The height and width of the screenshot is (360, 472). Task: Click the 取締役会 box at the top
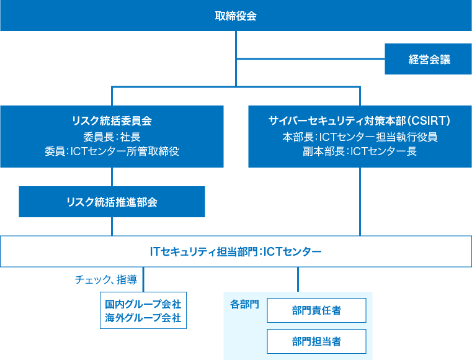(x=236, y=16)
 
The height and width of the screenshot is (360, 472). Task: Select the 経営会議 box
(x=429, y=60)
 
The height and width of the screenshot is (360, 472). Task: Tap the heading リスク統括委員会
(x=112, y=120)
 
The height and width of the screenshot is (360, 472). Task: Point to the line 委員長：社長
(x=112, y=137)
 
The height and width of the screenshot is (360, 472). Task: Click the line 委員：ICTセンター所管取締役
(x=112, y=151)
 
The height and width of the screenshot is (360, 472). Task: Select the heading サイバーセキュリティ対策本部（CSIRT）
(x=360, y=120)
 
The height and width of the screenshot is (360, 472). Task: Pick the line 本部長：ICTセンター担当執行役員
(x=360, y=137)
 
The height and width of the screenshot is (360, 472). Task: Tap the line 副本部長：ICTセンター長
(x=360, y=151)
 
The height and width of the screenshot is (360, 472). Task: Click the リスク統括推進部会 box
(x=112, y=202)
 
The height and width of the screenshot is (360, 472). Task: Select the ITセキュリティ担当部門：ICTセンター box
(x=236, y=251)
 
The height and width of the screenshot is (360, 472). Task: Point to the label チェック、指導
(x=105, y=280)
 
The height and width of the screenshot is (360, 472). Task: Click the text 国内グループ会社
(x=143, y=304)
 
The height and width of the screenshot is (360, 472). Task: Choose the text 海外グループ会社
(x=143, y=318)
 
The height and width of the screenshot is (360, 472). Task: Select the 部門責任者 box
(x=316, y=310)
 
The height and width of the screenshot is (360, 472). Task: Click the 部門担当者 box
(x=316, y=341)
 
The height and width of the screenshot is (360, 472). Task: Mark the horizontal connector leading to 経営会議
(x=310, y=60)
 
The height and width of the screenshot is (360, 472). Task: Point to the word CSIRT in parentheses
(x=429, y=120)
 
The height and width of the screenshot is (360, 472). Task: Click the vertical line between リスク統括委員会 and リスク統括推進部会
(x=112, y=177)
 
